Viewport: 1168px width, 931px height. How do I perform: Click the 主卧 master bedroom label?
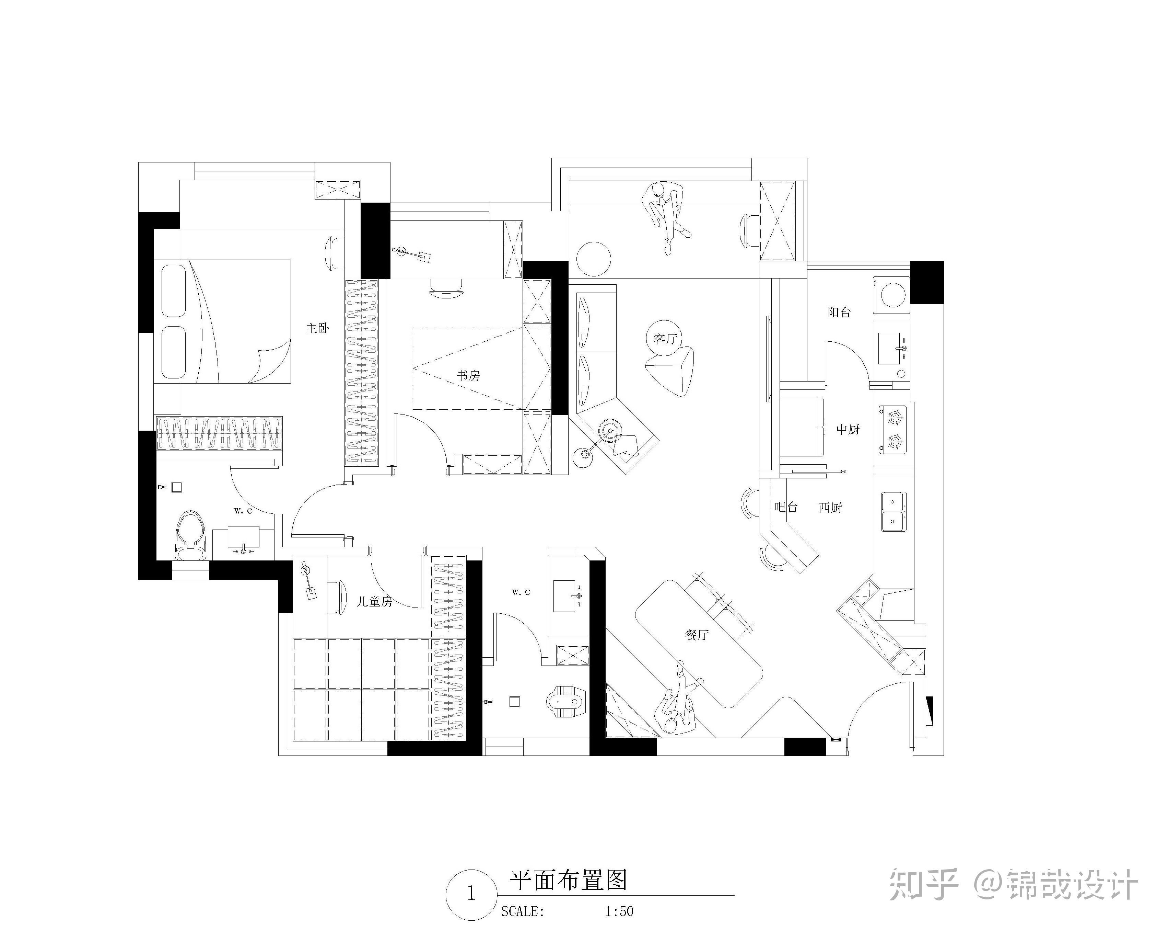[x=318, y=328]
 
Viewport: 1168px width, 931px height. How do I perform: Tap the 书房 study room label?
[x=468, y=375]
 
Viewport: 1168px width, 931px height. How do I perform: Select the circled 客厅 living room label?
[x=665, y=339]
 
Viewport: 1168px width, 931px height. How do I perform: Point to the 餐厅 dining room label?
[x=697, y=635]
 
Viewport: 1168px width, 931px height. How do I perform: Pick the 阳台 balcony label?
[x=839, y=312]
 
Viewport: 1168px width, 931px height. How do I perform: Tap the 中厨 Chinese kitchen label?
[x=848, y=430]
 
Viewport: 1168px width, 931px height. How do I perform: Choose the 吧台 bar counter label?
[x=786, y=508]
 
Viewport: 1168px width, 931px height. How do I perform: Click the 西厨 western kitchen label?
[x=830, y=508]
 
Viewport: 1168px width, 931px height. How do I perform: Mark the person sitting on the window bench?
[x=665, y=214]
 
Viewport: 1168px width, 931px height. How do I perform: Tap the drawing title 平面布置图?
[x=568, y=881]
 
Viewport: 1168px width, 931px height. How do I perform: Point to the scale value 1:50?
[x=619, y=911]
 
